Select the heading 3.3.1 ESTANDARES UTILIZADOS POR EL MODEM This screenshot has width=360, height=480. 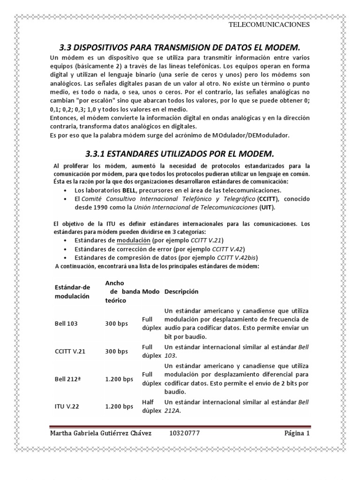point(180,154)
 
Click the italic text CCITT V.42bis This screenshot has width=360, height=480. point(237,257)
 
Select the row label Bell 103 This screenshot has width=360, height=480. point(66,323)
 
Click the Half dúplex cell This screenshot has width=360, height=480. point(151,406)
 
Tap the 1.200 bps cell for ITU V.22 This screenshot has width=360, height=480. point(119,406)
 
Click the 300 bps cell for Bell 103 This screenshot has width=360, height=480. point(116,323)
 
